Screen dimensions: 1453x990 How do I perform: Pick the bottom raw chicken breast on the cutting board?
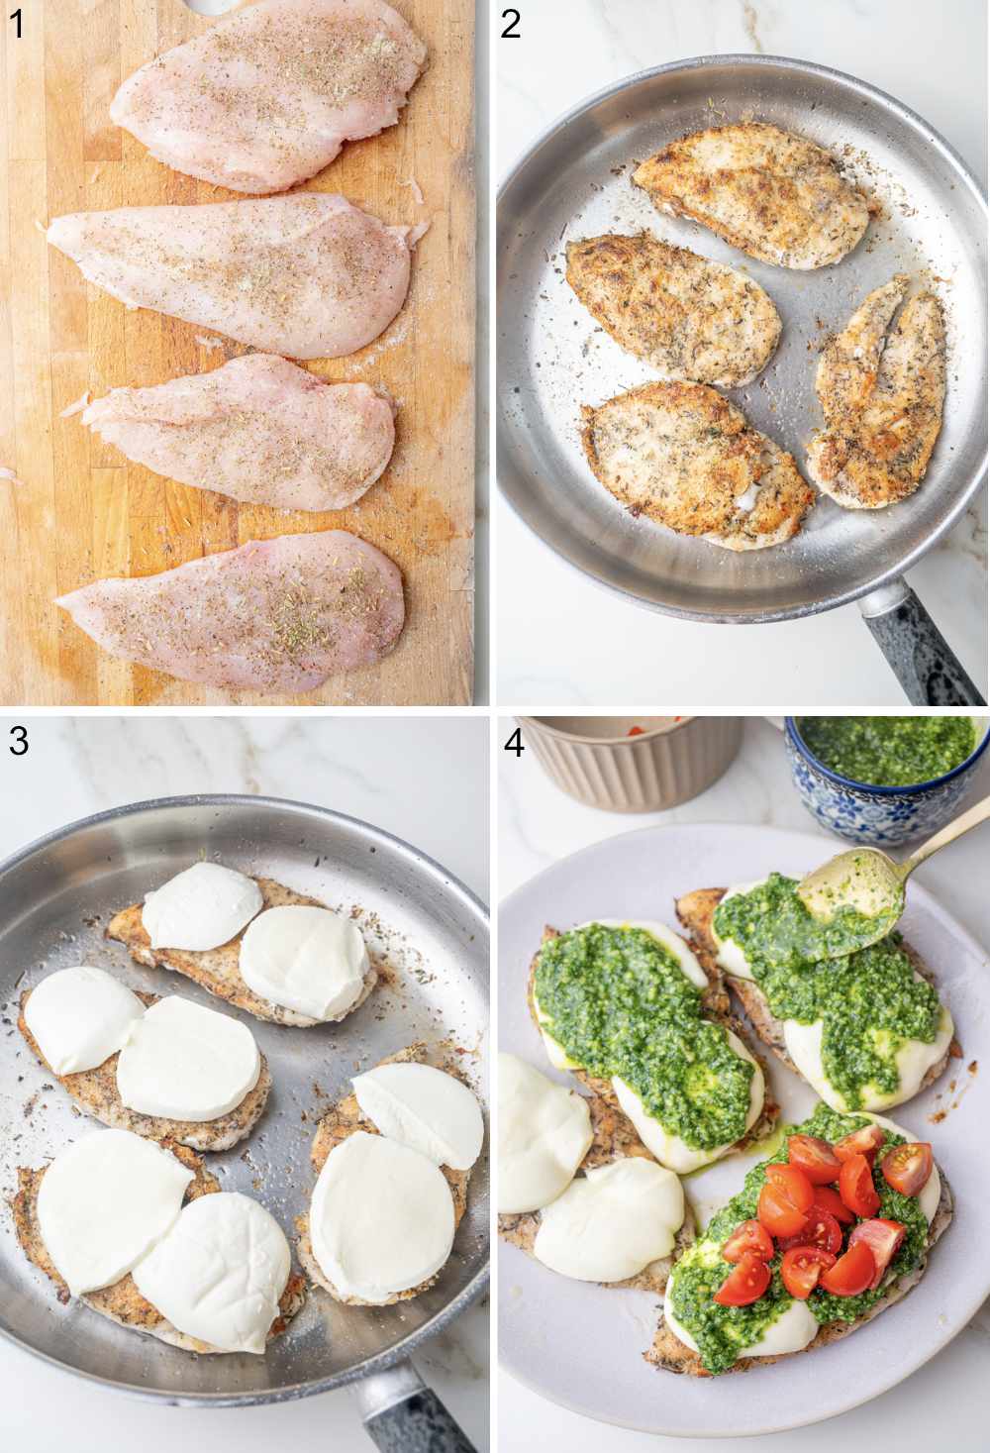click(238, 610)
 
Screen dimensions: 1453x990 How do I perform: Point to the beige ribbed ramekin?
click(634, 758)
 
